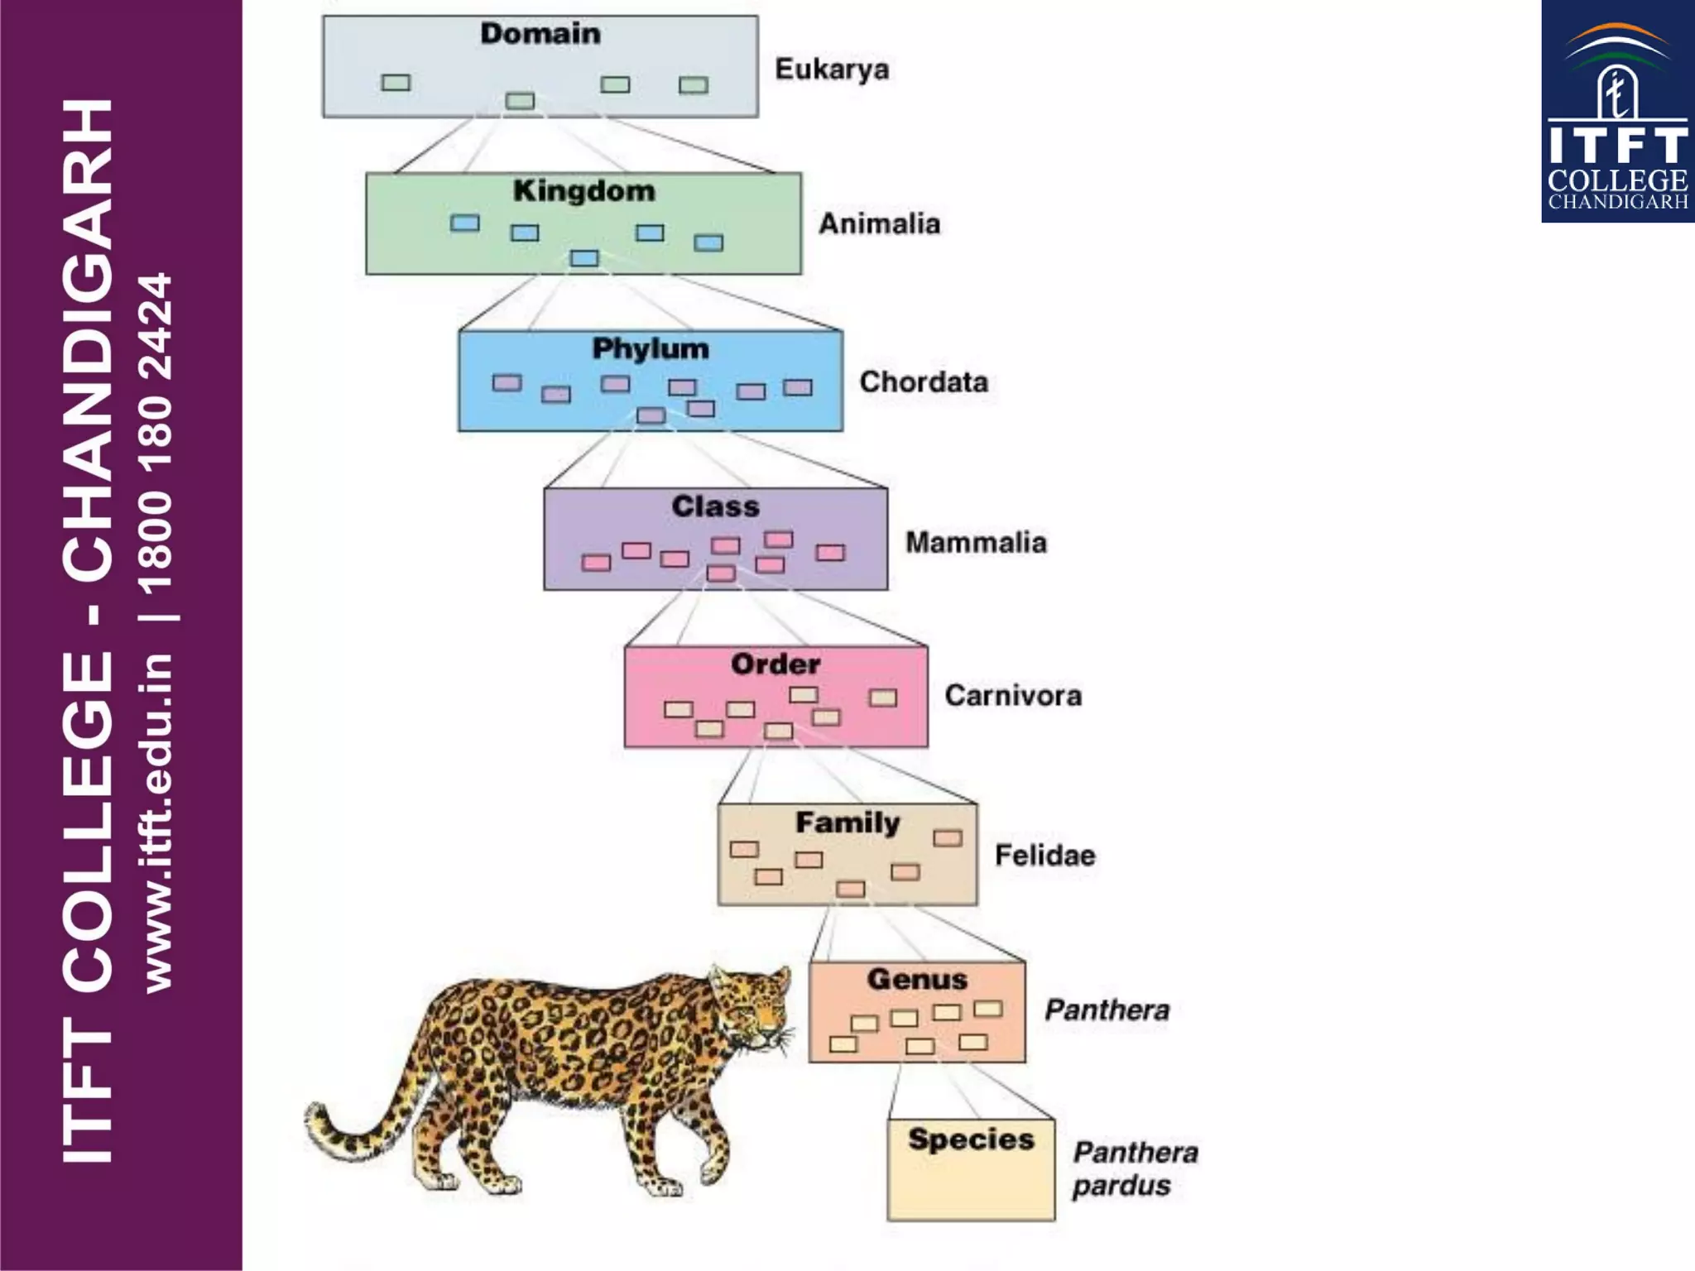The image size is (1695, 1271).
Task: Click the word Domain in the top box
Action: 540,34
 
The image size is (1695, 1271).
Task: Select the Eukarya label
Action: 832,70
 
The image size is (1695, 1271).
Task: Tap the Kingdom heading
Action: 583,191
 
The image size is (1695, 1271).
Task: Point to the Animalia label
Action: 879,224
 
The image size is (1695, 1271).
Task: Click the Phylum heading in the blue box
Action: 651,349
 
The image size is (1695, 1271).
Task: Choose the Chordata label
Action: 924,382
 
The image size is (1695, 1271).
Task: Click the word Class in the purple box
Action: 715,506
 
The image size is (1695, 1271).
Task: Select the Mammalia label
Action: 976,543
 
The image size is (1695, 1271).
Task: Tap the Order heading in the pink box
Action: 775,664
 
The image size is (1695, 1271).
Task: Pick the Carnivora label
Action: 1013,696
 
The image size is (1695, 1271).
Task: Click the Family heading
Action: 847,823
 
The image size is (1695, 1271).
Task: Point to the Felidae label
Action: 1044,856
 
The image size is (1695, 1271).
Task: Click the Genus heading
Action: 917,980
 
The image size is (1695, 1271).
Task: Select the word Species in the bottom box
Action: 971,1139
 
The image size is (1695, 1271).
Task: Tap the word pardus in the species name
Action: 1121,1186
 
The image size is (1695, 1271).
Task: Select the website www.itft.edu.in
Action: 157,823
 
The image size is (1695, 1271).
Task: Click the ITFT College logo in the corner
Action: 1617,112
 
